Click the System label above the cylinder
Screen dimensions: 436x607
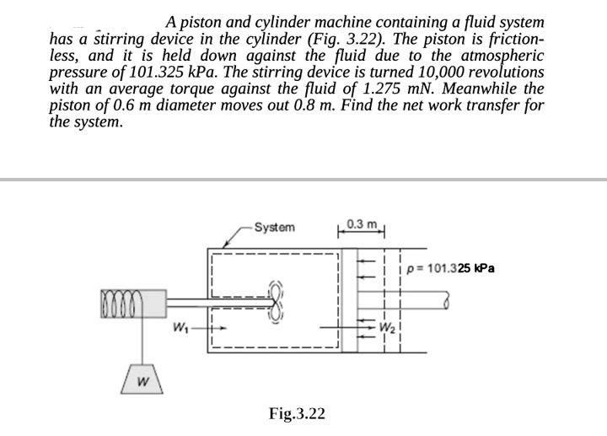pyautogui.click(x=276, y=228)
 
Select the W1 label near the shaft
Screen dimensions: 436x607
pyautogui.click(x=179, y=326)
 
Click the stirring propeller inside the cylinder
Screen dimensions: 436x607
pyautogui.click(x=276, y=301)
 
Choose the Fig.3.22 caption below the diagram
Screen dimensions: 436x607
pyautogui.click(x=296, y=413)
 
